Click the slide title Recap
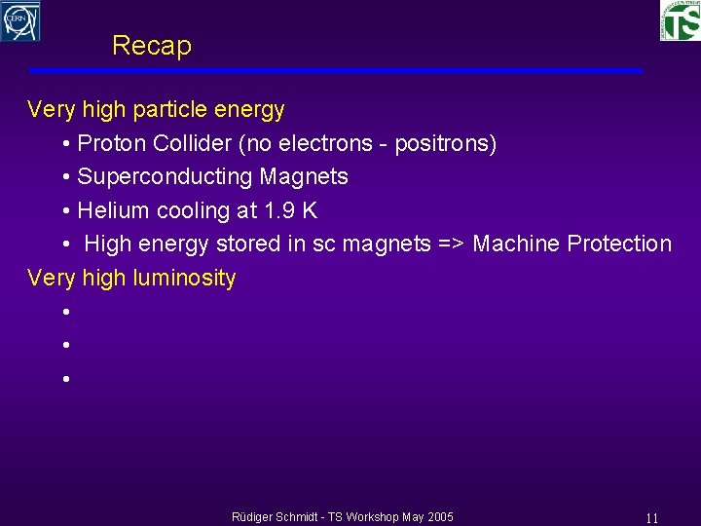(152, 46)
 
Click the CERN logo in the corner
(20, 20)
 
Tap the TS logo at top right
(680, 20)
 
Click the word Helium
(110, 210)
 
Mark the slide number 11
(652, 518)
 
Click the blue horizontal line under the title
(335, 71)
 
